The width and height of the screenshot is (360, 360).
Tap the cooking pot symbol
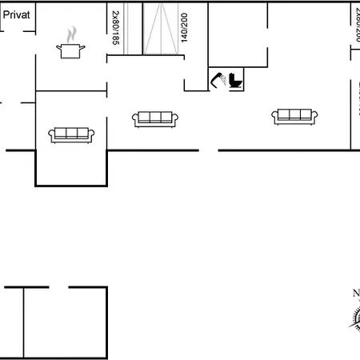pos(71,50)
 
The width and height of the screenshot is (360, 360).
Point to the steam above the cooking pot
pos(72,34)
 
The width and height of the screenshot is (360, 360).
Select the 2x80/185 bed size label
pos(115,26)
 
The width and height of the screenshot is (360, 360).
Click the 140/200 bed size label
pos(184,27)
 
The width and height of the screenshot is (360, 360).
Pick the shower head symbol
pos(217,79)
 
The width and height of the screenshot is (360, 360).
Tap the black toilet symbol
pos(235,80)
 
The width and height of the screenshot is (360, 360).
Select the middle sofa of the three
pos(154,118)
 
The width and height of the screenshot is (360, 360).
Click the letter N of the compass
pos(355,293)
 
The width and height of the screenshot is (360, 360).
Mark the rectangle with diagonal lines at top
pos(160,28)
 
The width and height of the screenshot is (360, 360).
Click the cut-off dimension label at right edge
pos(355,24)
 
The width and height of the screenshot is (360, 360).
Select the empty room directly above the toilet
pos(238,34)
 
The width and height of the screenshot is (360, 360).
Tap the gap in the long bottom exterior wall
pos(209,150)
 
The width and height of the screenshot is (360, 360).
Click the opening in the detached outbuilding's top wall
pos(61,286)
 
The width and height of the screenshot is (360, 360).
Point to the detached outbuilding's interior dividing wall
pos(25,320)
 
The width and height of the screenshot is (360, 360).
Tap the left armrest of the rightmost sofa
pos(274,117)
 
